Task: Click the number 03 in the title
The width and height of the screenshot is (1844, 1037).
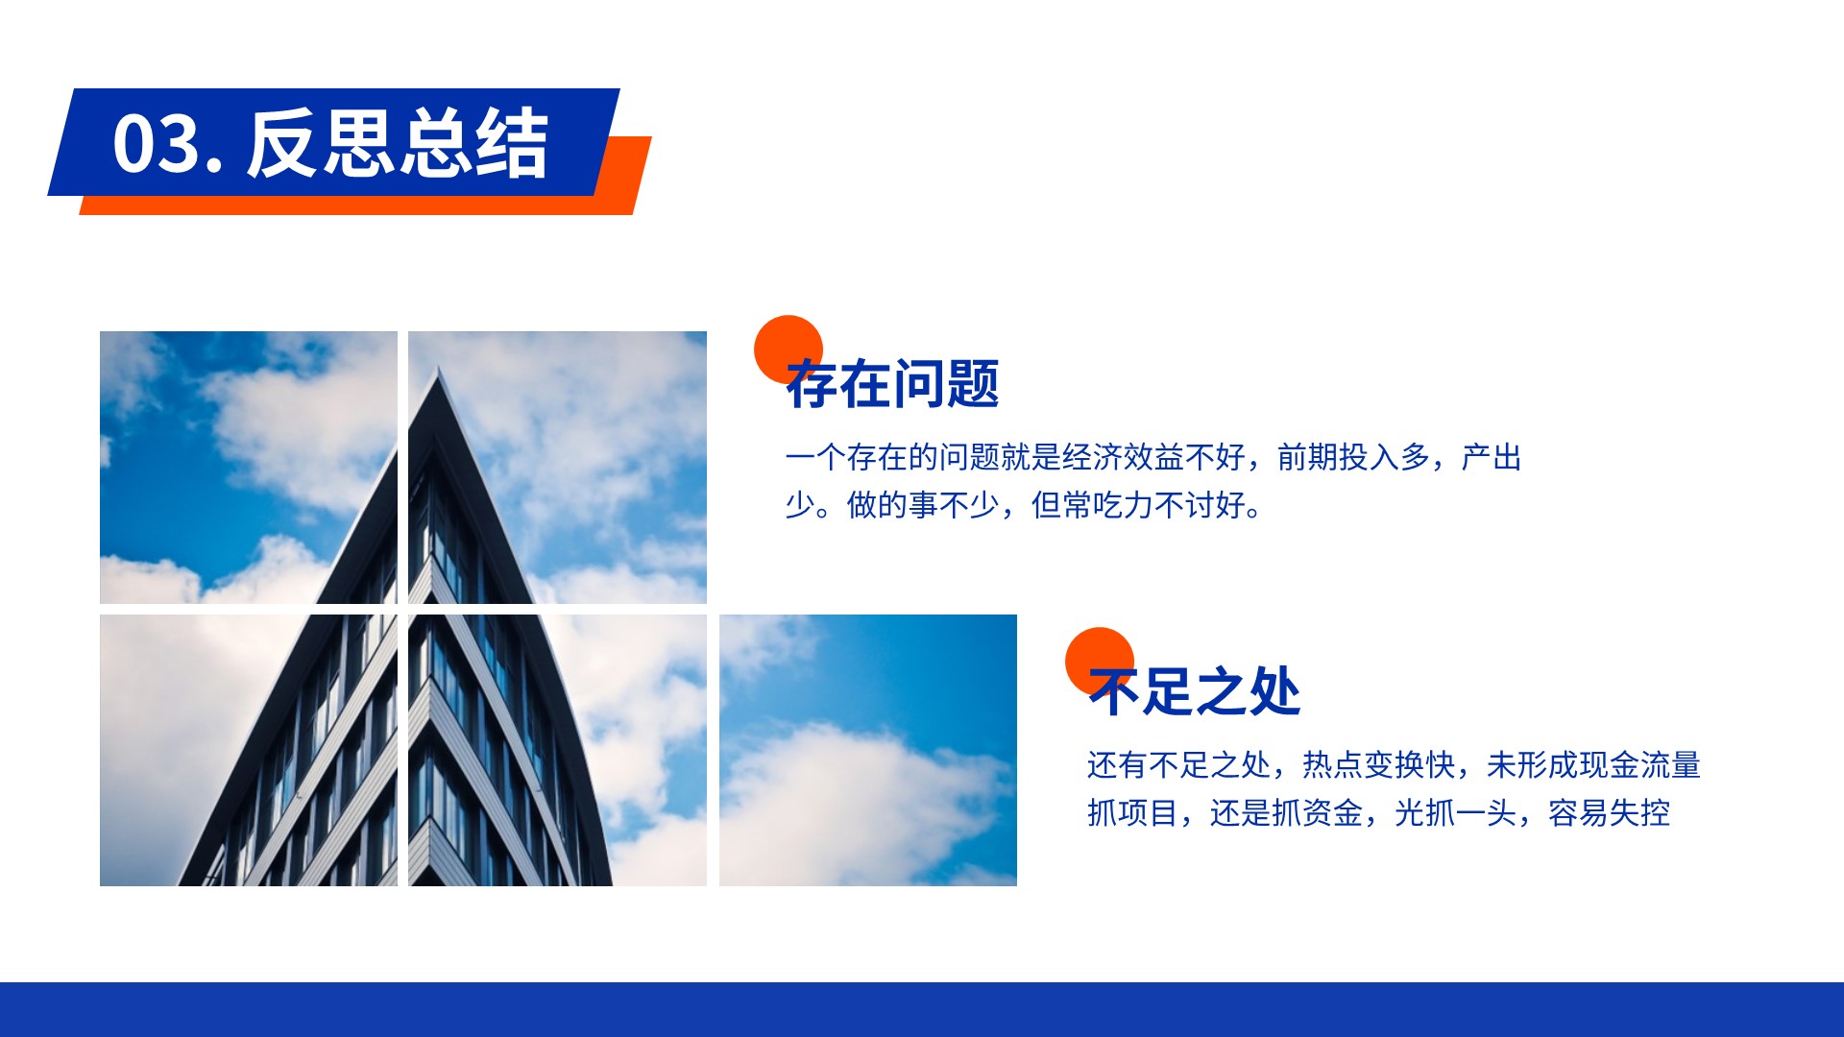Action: pyautogui.click(x=157, y=144)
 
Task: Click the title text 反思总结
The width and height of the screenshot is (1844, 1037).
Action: pyautogui.click(x=398, y=143)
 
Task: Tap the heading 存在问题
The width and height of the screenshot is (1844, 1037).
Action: pyautogui.click(x=893, y=384)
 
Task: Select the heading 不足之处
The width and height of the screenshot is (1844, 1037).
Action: pyautogui.click(x=1195, y=691)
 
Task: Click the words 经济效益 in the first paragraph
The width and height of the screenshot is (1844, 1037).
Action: pyautogui.click(x=1123, y=457)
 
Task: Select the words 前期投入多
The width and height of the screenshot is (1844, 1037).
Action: pyautogui.click(x=1353, y=457)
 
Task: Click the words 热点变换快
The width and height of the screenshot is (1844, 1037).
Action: pyautogui.click(x=1378, y=765)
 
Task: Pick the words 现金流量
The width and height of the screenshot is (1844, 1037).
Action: pyautogui.click(x=1640, y=765)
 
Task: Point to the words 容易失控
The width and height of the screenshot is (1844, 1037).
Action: pyautogui.click(x=1609, y=813)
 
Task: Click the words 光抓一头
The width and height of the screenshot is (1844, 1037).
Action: pyautogui.click(x=1455, y=813)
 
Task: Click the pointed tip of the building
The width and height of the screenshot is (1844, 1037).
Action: pyautogui.click(x=439, y=368)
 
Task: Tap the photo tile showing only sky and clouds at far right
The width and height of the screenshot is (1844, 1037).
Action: pyautogui.click(x=868, y=750)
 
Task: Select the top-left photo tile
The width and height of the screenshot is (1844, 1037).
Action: pyautogui.click(x=249, y=468)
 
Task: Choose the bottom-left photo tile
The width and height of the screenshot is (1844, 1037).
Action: pyautogui.click(x=249, y=750)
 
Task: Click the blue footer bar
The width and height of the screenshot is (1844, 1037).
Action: pyautogui.click(x=922, y=1009)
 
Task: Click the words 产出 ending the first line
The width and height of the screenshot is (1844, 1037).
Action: pyautogui.click(x=1492, y=457)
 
